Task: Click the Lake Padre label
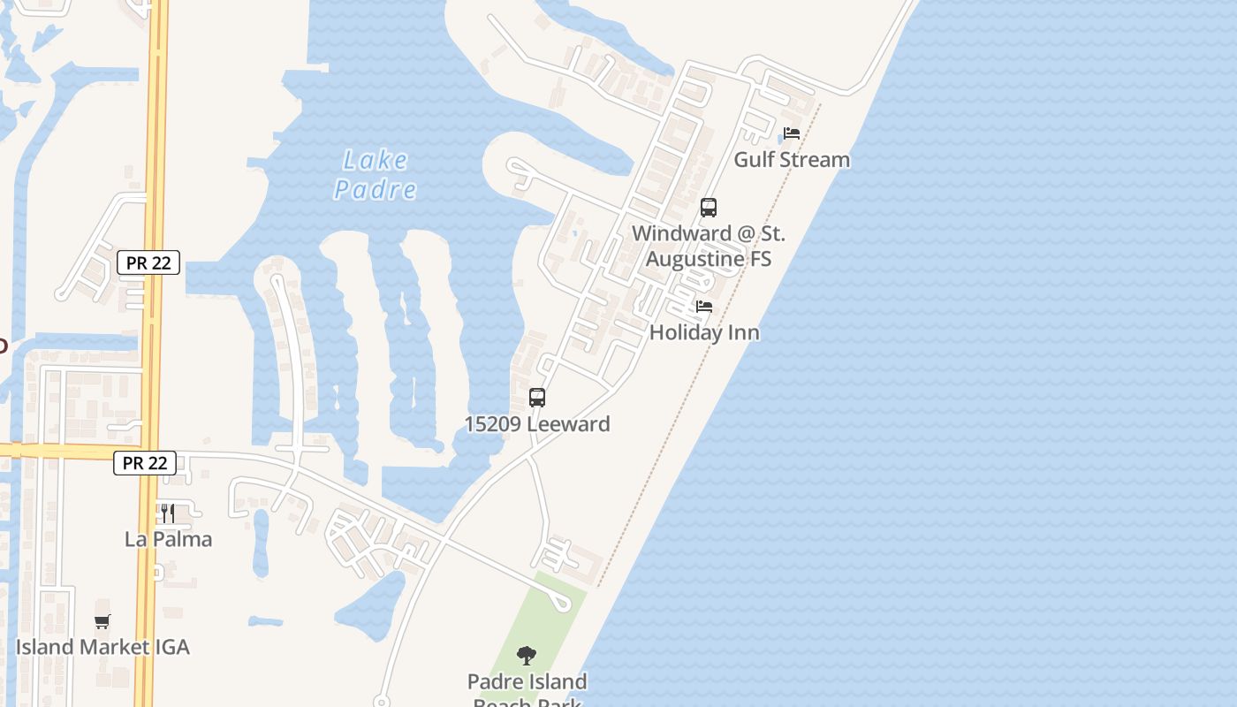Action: [x=376, y=174]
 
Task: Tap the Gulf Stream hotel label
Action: [x=792, y=159]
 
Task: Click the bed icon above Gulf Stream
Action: [x=792, y=133]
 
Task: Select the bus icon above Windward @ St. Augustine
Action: [x=709, y=208]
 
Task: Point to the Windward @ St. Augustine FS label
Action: [x=709, y=246]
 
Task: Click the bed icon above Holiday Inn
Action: [x=704, y=307]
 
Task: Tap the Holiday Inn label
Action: [x=704, y=332]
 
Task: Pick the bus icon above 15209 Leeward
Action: [x=537, y=398]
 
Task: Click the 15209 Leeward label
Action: [x=537, y=424]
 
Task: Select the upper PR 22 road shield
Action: [x=148, y=262]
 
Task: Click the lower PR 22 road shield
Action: [x=145, y=462]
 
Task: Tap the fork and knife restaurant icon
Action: [x=168, y=513]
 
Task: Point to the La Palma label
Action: [x=168, y=539]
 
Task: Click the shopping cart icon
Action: [x=102, y=621]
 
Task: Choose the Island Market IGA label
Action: [x=102, y=647]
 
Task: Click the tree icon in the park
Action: [x=527, y=656]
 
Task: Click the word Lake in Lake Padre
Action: [x=376, y=160]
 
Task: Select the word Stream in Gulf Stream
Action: [x=816, y=159]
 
